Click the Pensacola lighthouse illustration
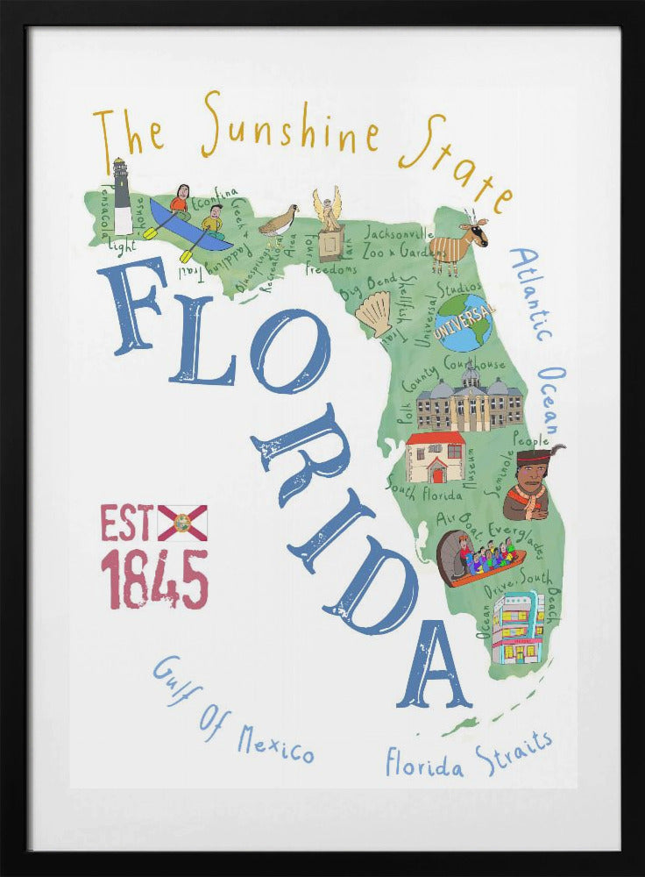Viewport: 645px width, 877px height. (122, 196)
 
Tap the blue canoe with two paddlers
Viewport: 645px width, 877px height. (187, 225)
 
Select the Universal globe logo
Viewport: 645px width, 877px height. (464, 322)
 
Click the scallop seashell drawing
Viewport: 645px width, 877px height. (378, 313)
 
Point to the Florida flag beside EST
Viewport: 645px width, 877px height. (182, 523)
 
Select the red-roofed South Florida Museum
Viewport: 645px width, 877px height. (436, 457)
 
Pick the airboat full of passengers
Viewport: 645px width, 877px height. (478, 557)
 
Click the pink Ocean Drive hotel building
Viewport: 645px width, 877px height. (518, 629)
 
